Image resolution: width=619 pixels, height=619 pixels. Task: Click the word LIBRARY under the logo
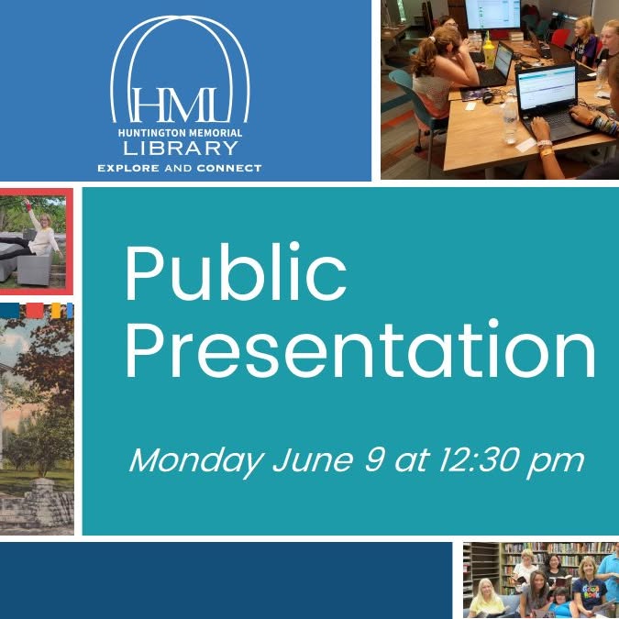(x=180, y=148)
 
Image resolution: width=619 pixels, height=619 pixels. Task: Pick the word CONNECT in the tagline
(x=229, y=169)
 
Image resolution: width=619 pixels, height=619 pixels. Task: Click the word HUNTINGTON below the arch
(x=149, y=133)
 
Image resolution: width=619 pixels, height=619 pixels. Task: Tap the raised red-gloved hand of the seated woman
(x=28, y=204)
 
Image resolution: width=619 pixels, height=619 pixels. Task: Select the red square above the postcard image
(x=34, y=311)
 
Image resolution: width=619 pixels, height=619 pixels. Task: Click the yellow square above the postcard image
(x=56, y=310)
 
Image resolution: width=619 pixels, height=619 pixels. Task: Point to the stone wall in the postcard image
(x=37, y=506)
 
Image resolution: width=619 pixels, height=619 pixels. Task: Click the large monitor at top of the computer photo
(x=493, y=15)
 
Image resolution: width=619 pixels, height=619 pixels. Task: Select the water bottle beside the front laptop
(x=510, y=120)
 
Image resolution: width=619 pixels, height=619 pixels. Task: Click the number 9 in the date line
(x=374, y=459)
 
